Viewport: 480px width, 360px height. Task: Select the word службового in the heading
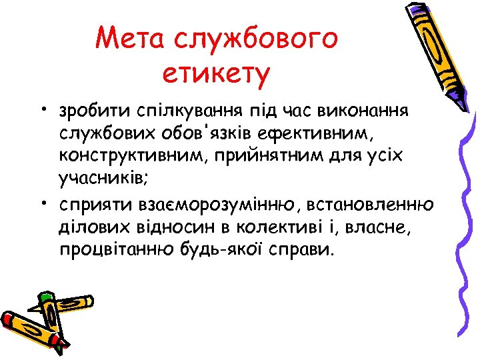point(256,39)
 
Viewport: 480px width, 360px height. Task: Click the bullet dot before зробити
point(41,109)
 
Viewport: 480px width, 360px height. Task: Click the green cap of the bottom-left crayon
point(45,296)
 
